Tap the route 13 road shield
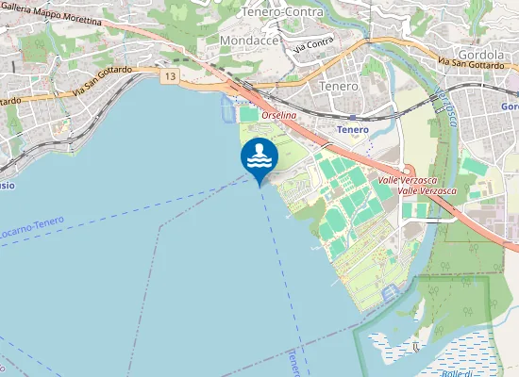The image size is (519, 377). pyautogui.click(x=170, y=74)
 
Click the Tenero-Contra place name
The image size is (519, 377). pyautogui.click(x=282, y=12)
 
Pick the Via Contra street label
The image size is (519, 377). pyautogui.click(x=313, y=43)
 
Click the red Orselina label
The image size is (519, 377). pyautogui.click(x=279, y=114)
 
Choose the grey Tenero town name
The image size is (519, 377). pyautogui.click(x=340, y=86)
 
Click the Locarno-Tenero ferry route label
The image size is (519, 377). pyautogui.click(x=32, y=226)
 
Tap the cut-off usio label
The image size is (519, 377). pyautogui.click(x=6, y=185)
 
